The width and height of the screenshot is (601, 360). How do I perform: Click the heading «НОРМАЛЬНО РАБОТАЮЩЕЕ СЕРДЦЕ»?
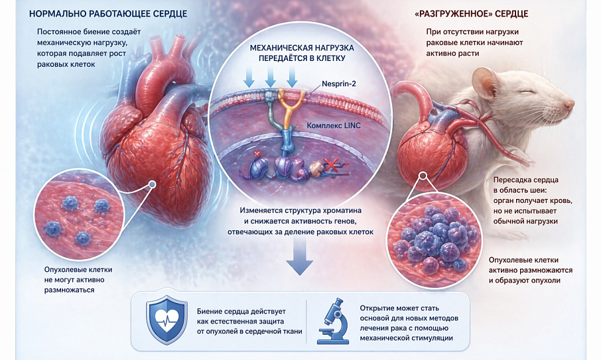(108, 14)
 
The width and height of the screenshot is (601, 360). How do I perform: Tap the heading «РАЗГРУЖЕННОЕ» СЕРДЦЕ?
(472, 14)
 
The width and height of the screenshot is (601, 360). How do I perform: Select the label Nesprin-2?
(339, 83)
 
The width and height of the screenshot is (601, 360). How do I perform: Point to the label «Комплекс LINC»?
(334, 125)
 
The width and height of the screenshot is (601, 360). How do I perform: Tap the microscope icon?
(333, 321)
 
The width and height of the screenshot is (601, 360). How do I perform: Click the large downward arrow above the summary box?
(300, 256)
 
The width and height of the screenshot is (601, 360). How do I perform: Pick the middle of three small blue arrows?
(271, 77)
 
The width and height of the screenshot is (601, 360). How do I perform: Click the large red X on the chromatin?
(330, 165)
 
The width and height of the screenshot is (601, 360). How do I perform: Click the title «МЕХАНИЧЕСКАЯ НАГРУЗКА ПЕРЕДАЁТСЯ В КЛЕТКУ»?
(302, 53)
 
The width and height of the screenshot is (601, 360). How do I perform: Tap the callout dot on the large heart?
(152, 184)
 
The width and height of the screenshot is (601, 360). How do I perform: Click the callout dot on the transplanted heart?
(423, 176)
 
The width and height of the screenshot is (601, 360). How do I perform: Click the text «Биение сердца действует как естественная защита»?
(241, 316)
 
